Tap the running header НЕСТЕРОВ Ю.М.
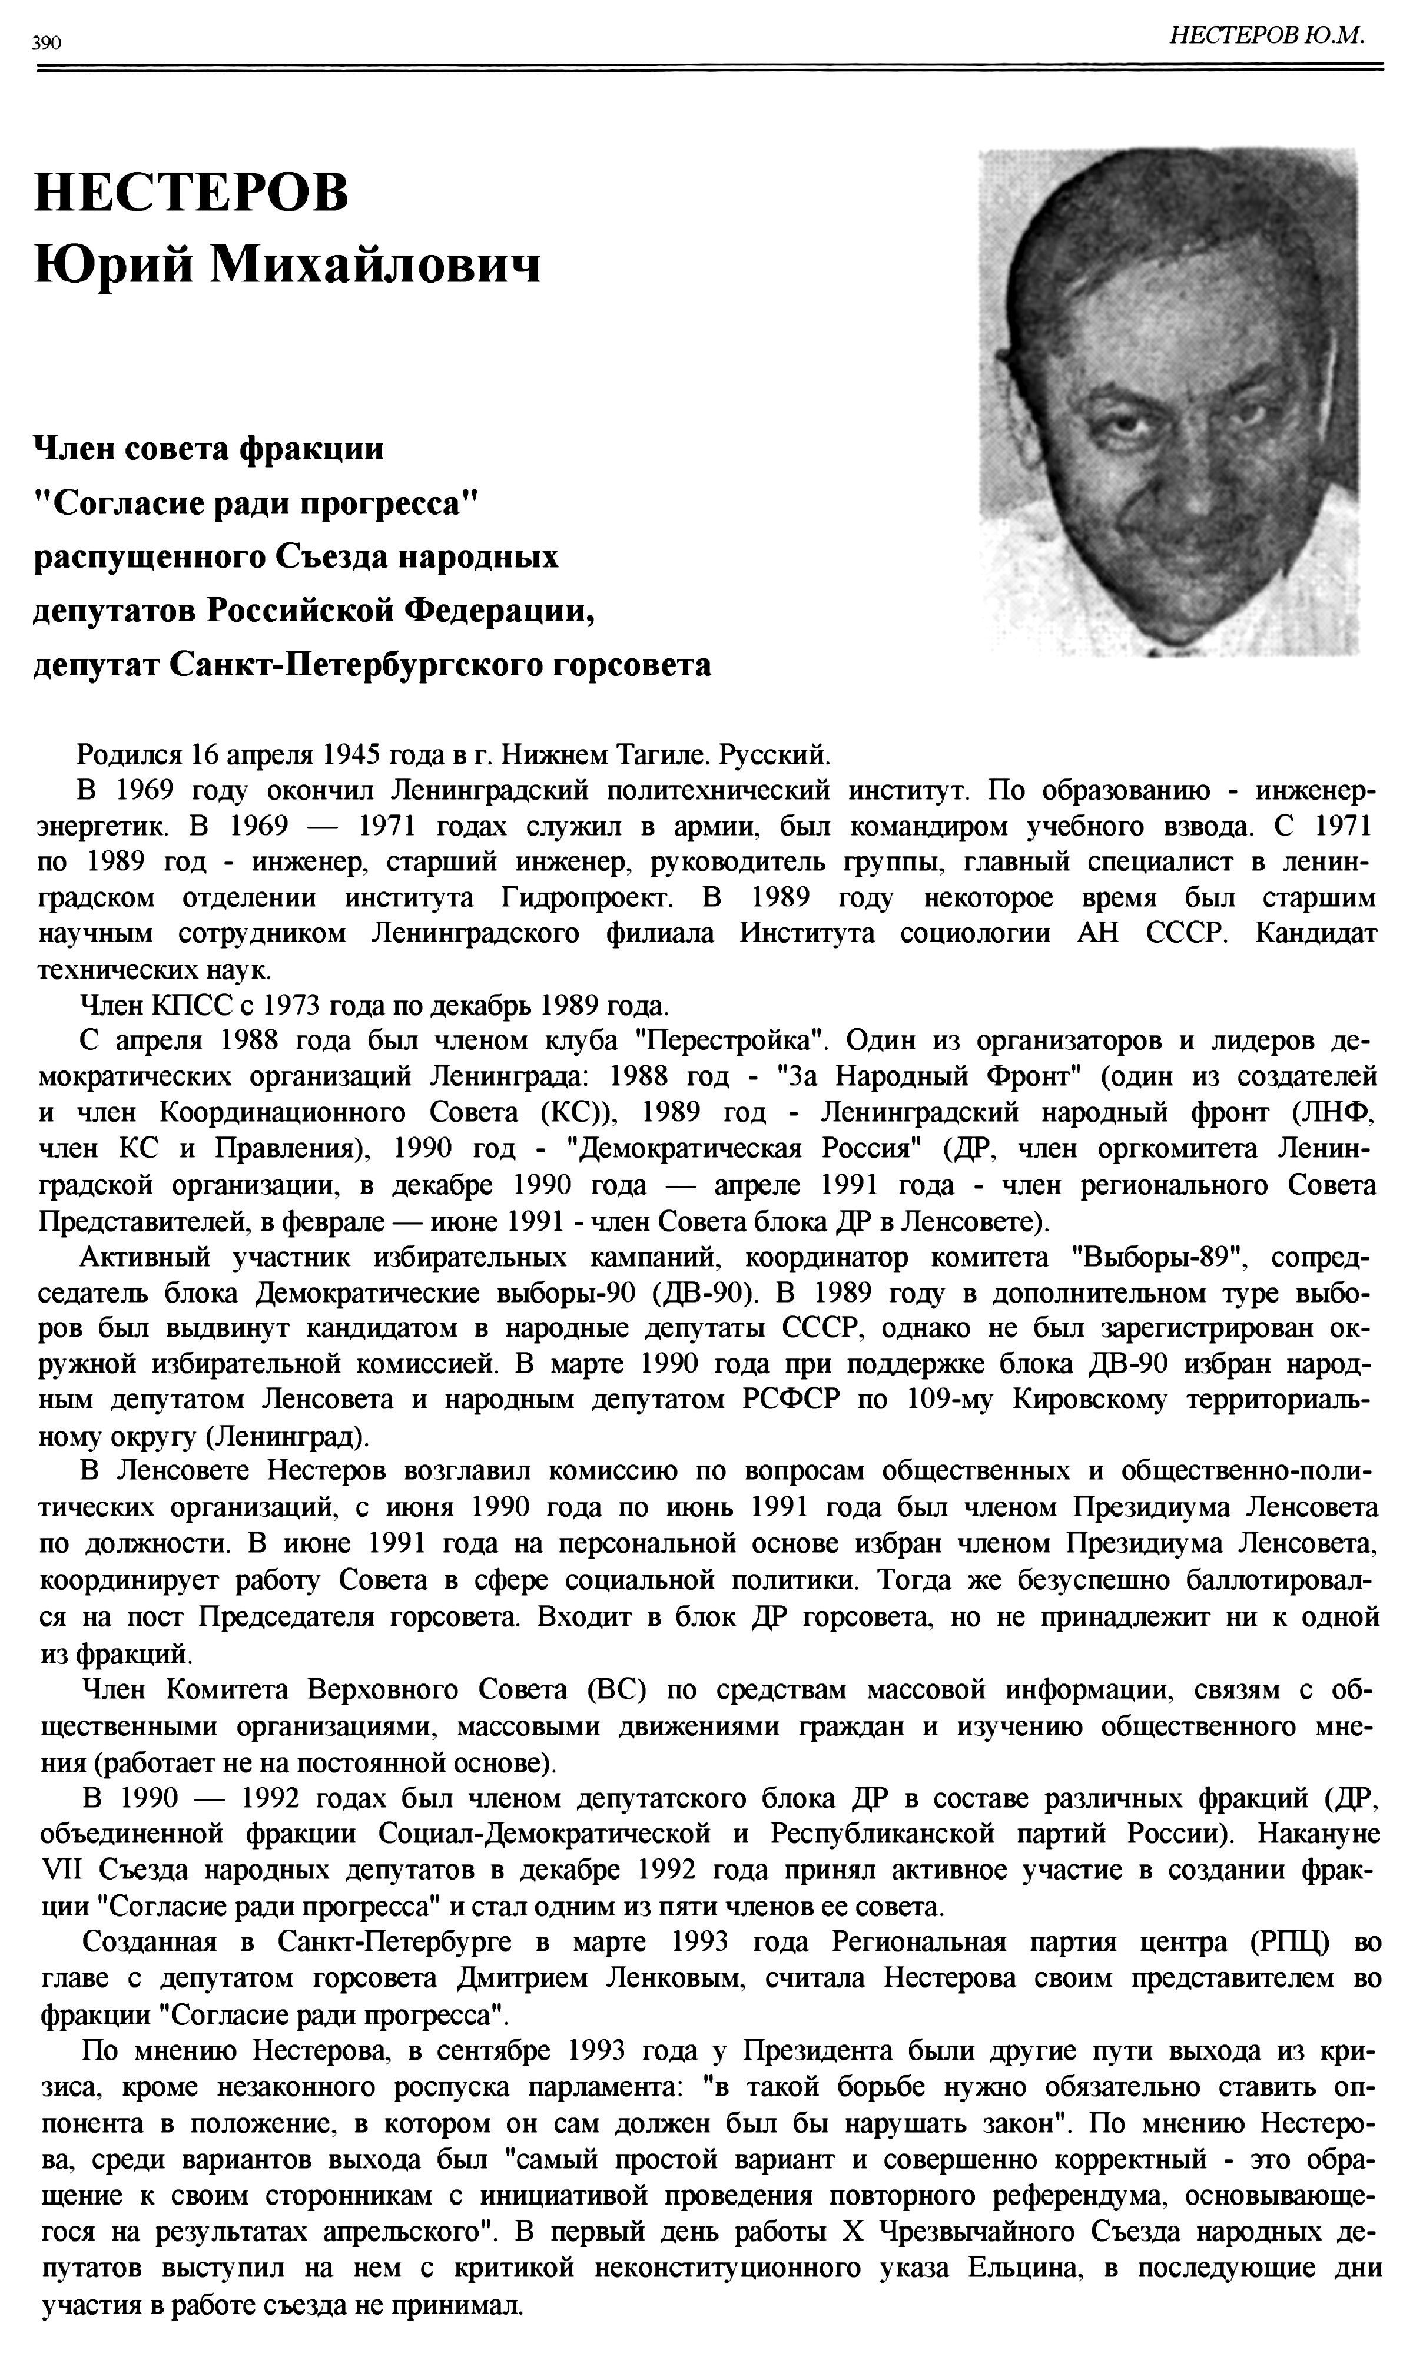point(1266,36)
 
